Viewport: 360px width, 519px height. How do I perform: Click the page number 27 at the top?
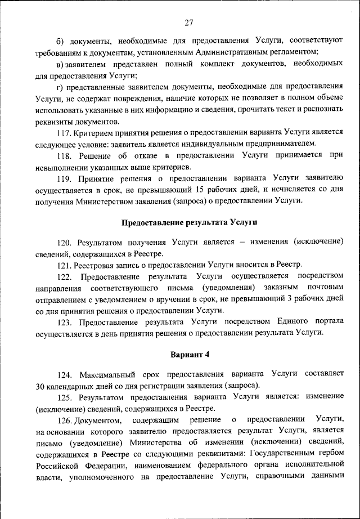coord(188,23)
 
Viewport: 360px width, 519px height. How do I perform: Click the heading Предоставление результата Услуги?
coord(188,222)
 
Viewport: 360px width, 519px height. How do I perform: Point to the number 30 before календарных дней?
coord(40,386)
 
